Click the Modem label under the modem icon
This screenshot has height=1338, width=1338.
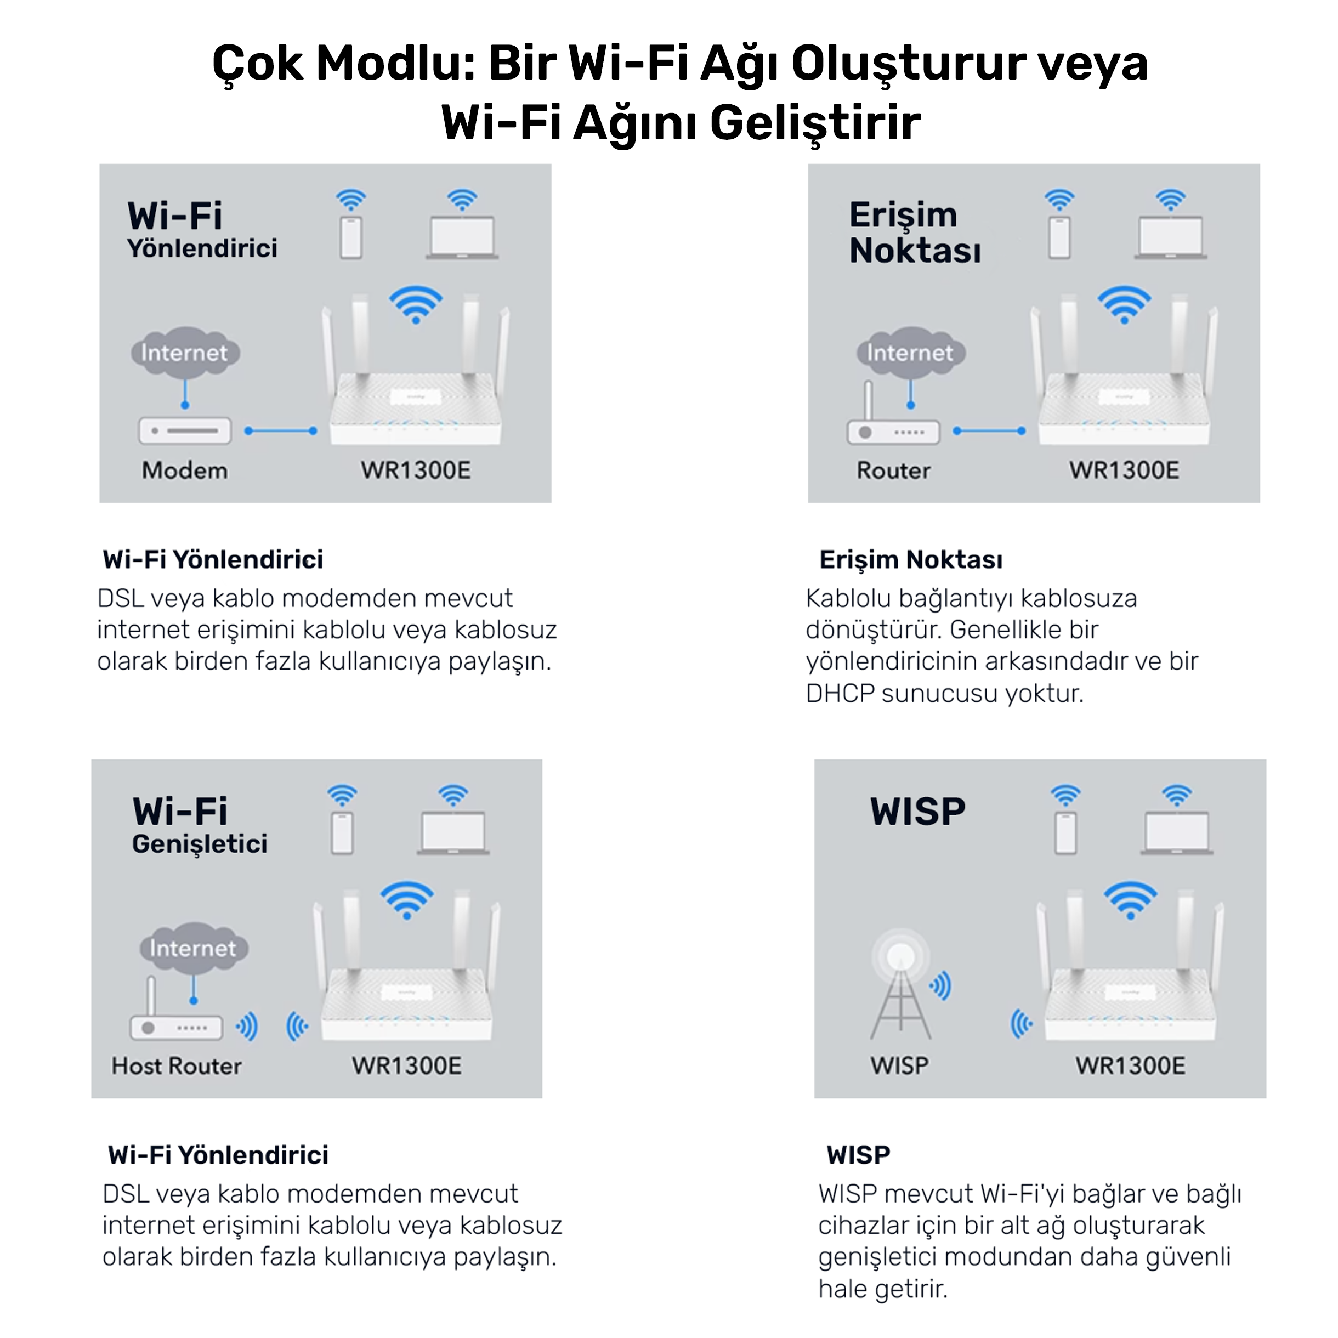coord(184,470)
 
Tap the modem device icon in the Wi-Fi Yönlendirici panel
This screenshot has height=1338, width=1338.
coord(185,431)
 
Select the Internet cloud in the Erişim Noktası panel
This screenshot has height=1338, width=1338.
coord(910,353)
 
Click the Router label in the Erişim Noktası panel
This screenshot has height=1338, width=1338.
coord(893,470)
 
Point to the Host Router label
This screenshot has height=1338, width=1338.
coord(177,1066)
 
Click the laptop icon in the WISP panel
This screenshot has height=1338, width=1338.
coord(1177,833)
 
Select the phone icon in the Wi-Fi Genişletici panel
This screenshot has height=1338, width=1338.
coord(342,833)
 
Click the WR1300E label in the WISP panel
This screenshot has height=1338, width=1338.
coord(1130,1066)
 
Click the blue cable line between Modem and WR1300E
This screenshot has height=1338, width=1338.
coord(280,431)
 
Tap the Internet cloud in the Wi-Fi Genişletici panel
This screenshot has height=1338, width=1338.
coord(193,948)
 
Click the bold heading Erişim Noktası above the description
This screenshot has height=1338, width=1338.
coord(911,559)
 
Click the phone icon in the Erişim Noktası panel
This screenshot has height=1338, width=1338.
coord(1059,237)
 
